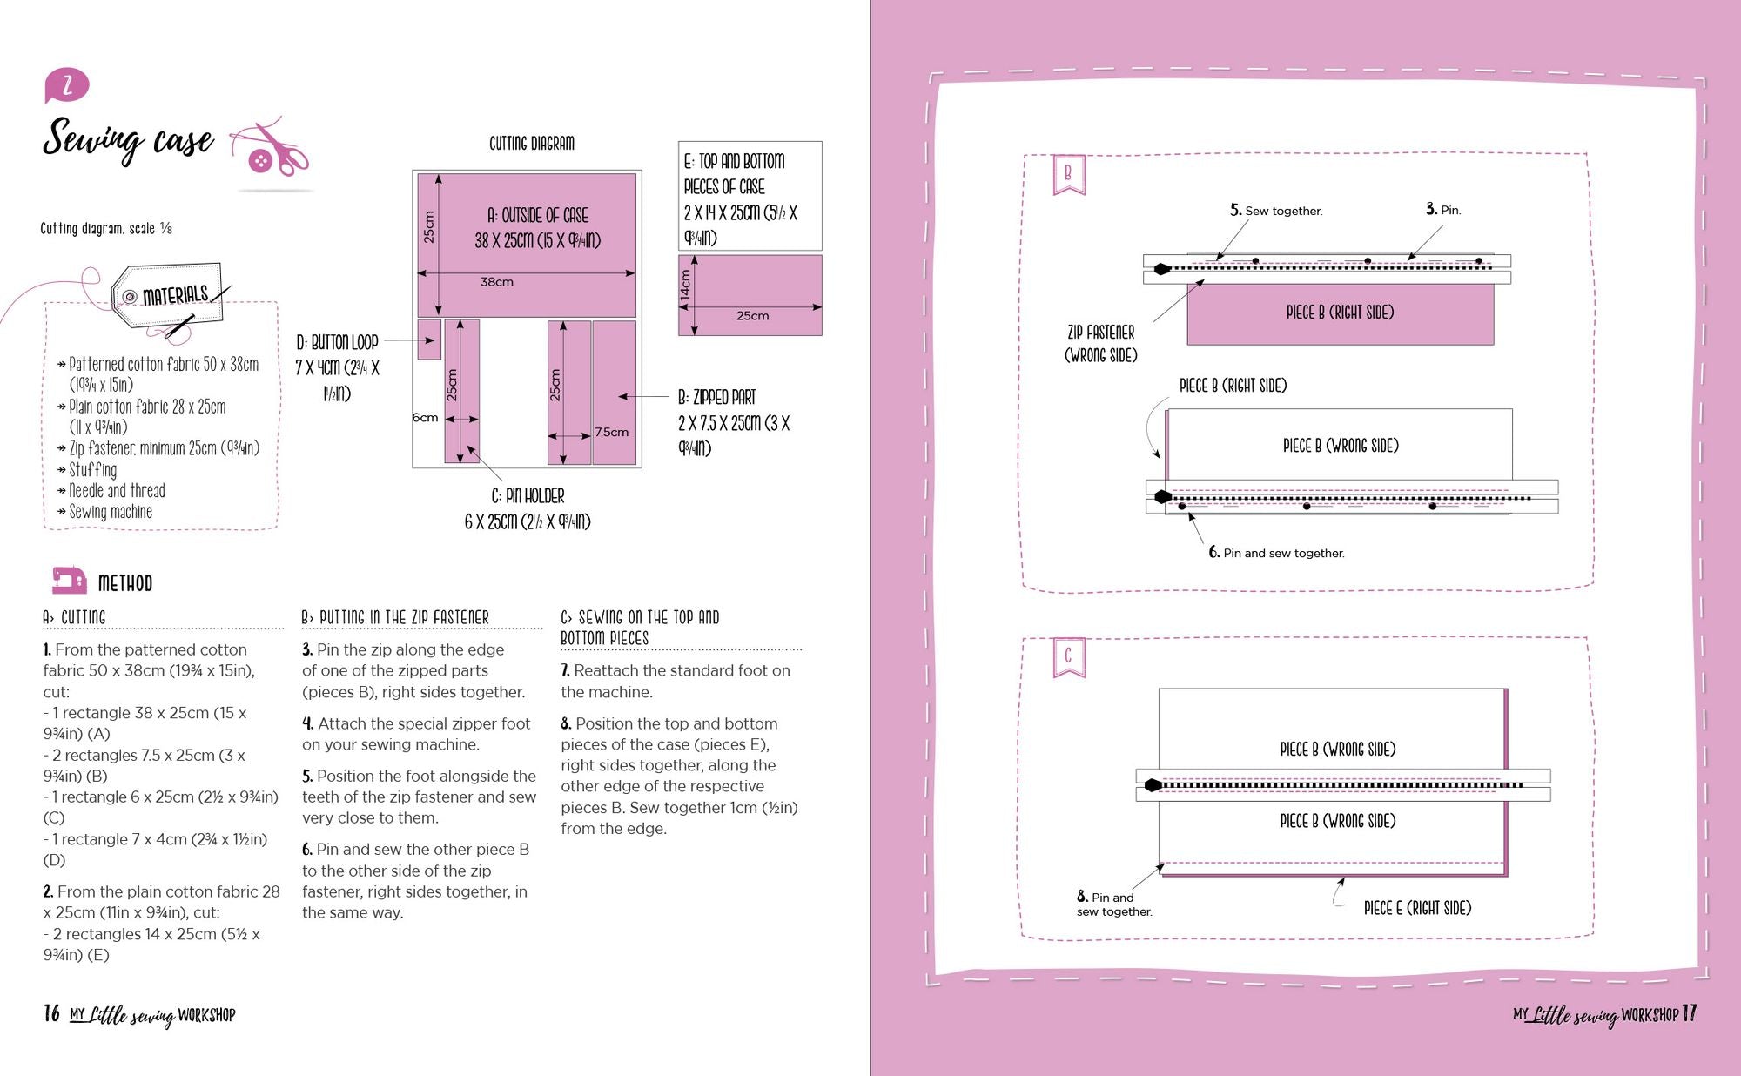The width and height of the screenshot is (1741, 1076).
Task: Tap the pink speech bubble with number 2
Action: tap(66, 85)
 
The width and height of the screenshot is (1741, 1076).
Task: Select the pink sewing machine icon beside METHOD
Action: tap(69, 581)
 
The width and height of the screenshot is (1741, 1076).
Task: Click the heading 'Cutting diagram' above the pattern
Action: tap(531, 144)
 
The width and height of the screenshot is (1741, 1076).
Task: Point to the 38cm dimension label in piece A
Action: tap(497, 282)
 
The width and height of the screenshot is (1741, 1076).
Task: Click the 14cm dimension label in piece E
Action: tap(686, 285)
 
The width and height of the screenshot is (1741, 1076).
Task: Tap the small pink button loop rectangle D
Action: tap(429, 339)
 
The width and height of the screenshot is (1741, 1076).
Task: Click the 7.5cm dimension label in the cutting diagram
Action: tap(612, 432)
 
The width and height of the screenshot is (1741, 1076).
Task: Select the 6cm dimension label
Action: tap(425, 418)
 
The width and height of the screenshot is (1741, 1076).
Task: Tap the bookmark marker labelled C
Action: tap(1068, 656)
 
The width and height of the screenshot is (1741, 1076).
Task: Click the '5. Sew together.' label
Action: tap(1275, 211)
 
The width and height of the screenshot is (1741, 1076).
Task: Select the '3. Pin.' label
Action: tap(1443, 210)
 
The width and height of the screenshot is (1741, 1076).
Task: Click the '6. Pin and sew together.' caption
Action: tap(1276, 553)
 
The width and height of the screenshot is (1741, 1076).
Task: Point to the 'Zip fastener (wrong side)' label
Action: tap(1100, 344)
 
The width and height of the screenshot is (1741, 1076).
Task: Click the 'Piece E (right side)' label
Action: tap(1417, 908)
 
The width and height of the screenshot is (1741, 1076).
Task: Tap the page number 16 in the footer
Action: tap(51, 1013)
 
